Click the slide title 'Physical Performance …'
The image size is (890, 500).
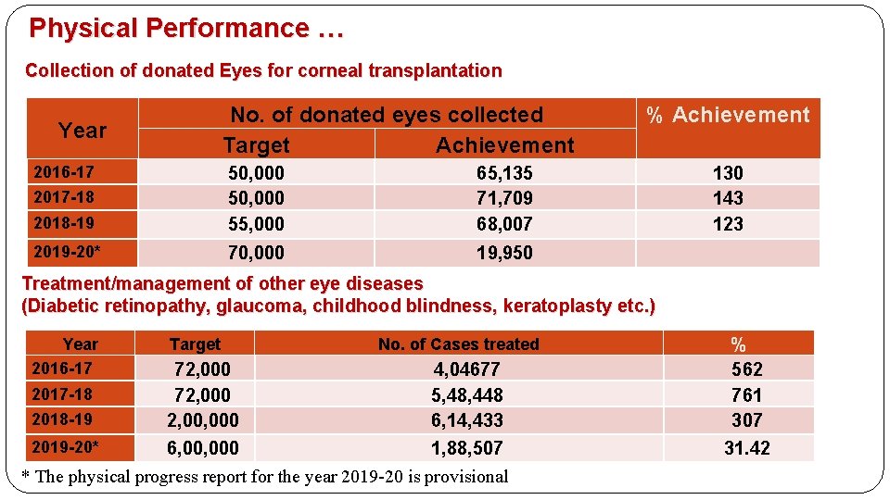tap(186, 28)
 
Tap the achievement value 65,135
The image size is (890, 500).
tap(504, 172)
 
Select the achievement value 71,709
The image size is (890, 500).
tap(504, 197)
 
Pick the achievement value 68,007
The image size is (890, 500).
tap(504, 223)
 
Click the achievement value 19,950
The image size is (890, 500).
tap(504, 252)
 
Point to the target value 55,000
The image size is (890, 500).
tap(256, 223)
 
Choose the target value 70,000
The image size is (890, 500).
tap(256, 252)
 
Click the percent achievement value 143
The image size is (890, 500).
tap(728, 197)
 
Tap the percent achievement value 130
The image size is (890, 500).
tap(728, 172)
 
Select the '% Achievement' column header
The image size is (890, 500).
tap(728, 115)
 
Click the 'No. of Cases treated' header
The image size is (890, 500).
tap(458, 344)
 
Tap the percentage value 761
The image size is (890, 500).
tap(746, 394)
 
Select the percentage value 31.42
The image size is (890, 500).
tap(746, 448)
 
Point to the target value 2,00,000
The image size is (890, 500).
tap(202, 420)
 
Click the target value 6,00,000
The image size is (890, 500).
tap(202, 448)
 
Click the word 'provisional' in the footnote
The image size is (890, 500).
tap(463, 477)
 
